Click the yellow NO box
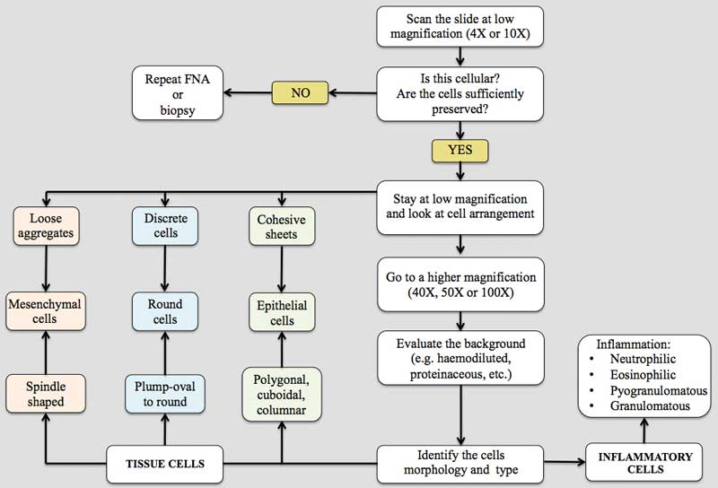coord(301,92)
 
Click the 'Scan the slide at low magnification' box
coord(460,25)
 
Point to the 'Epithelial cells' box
coord(282,311)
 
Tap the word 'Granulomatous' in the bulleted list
coord(645,405)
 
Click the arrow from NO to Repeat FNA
coord(246,92)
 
